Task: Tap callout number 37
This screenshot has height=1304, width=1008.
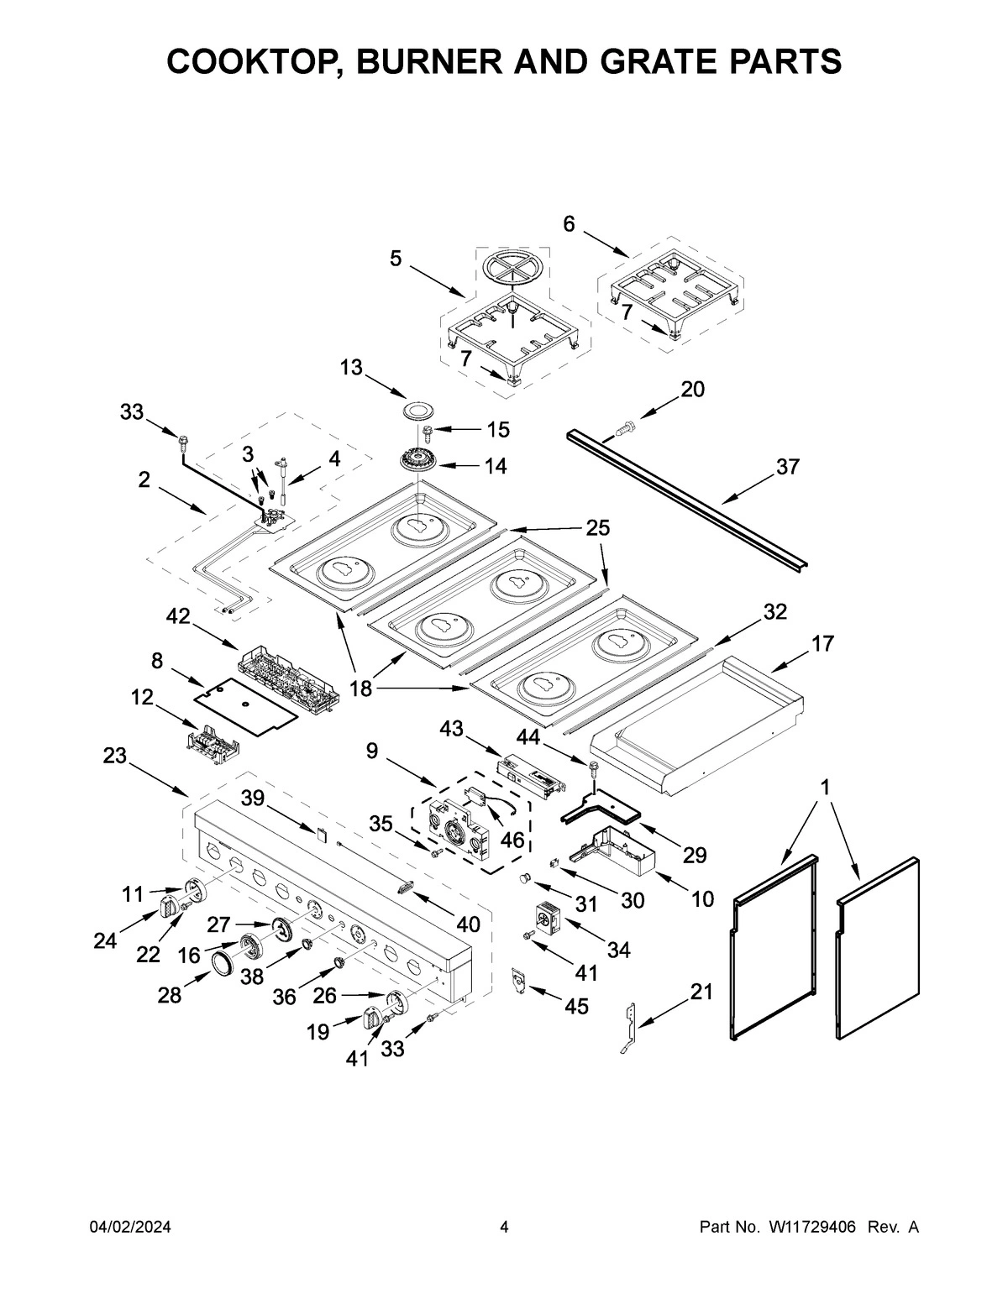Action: point(787,467)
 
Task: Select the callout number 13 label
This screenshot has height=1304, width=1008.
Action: point(351,367)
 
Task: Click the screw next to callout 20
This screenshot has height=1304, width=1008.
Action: point(622,428)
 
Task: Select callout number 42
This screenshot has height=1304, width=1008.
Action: point(178,616)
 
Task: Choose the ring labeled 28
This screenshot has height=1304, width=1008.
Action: point(221,963)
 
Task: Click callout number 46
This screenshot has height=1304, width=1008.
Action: point(512,840)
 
